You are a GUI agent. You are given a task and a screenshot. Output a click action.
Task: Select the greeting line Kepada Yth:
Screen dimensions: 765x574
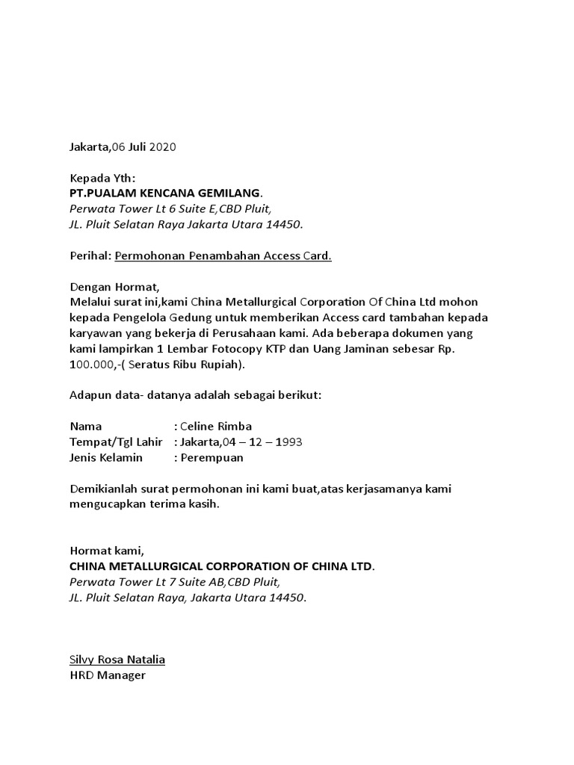tap(103, 179)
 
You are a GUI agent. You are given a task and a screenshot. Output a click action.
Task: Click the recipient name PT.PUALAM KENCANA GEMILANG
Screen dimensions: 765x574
tap(165, 193)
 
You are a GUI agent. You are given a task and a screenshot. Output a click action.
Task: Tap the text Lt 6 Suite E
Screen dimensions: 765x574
tap(167, 208)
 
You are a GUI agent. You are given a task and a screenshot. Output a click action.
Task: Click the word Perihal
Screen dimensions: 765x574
tap(89, 256)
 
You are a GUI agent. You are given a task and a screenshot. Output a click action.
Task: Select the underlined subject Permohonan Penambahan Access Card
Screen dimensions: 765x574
tap(223, 256)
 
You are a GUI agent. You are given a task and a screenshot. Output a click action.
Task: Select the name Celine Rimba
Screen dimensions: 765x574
tap(217, 427)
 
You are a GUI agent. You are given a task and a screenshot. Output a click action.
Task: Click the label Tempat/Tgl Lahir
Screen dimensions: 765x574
tap(116, 442)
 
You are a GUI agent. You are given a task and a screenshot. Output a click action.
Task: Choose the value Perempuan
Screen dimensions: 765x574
tap(212, 457)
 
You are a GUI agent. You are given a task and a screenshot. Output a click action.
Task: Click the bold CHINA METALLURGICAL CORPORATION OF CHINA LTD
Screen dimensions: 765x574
tap(220, 566)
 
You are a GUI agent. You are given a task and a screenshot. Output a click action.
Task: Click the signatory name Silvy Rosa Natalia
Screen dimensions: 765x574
tap(117, 660)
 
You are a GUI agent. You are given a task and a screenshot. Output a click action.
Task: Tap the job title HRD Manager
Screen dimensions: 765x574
tap(107, 675)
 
